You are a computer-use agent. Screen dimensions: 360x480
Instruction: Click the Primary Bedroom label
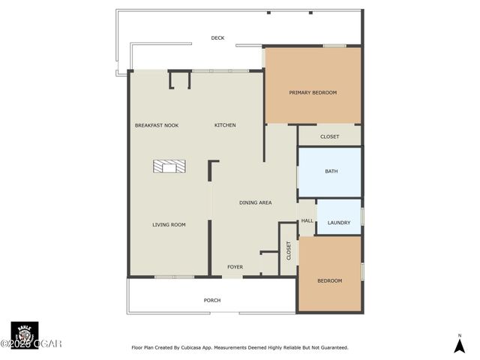tap(313, 92)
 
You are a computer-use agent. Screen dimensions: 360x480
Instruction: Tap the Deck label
tap(217, 37)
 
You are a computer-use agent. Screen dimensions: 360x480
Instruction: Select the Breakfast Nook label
tap(156, 125)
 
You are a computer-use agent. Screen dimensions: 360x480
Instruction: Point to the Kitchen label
tap(225, 125)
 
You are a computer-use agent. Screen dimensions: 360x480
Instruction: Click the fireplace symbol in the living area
tap(169, 166)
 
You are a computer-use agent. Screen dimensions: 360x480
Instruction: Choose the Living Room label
tap(169, 224)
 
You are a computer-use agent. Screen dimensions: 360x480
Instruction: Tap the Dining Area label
tap(255, 202)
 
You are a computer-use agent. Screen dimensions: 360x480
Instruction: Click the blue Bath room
tap(331, 172)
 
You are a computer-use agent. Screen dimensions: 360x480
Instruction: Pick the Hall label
tap(307, 221)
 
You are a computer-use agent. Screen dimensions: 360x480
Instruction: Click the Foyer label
tap(235, 267)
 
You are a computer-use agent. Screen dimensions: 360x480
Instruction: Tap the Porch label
tap(212, 300)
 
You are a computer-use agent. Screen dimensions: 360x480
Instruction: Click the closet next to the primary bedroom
tap(329, 136)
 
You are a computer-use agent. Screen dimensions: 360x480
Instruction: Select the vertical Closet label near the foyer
tap(289, 250)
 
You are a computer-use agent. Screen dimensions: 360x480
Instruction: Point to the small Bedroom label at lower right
tap(329, 280)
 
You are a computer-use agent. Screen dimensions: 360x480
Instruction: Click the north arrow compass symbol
tap(460, 346)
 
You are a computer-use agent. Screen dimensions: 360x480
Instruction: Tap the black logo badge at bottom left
tap(24, 334)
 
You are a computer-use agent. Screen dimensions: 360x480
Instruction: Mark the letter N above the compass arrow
tap(460, 335)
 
